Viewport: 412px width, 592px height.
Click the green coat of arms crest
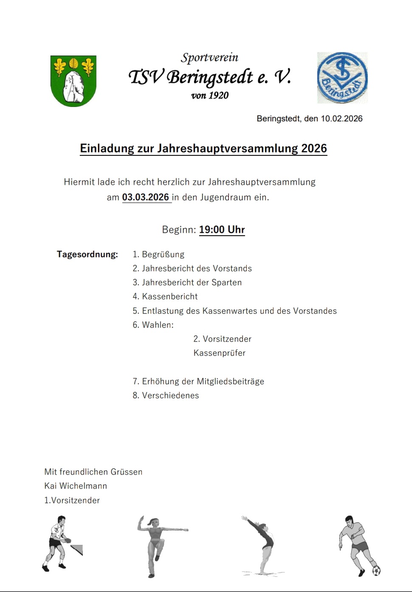(73, 81)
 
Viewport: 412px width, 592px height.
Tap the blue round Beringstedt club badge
(342, 78)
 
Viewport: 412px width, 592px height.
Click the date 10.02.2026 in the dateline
(341, 119)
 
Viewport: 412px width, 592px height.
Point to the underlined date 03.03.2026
(146, 197)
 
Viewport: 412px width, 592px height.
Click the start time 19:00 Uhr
(222, 230)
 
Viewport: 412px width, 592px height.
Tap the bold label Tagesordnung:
(87, 254)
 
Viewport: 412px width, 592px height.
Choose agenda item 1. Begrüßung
(158, 254)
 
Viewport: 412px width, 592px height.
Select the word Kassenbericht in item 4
(170, 296)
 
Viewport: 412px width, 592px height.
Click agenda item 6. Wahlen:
(153, 325)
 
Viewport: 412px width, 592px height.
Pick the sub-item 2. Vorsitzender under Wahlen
(222, 339)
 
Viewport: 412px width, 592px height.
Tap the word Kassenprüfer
(220, 353)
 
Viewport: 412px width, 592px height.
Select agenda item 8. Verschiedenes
(166, 395)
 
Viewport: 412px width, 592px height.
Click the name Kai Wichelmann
(76, 486)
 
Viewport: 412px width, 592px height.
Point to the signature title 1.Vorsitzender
(72, 500)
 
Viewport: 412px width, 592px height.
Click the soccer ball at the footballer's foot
(376, 570)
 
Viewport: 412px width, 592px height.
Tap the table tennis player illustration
(59, 543)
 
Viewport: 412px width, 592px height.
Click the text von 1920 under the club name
(210, 96)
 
